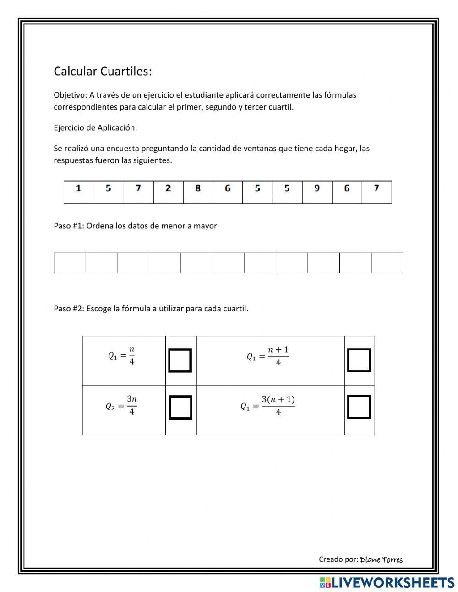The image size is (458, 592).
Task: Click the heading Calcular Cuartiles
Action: (x=103, y=72)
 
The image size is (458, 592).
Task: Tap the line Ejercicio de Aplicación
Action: (x=95, y=128)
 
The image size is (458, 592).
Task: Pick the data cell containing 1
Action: (x=79, y=192)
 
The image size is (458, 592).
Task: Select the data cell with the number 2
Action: (x=168, y=192)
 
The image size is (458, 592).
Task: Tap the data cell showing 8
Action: (x=198, y=192)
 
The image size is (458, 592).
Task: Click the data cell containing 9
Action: (x=317, y=192)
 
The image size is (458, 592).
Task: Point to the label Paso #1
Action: (x=68, y=226)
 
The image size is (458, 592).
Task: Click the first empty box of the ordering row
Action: (x=70, y=263)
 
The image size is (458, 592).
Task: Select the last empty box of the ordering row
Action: (x=387, y=263)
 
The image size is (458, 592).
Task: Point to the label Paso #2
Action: (x=68, y=309)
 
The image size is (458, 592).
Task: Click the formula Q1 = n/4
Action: (x=122, y=356)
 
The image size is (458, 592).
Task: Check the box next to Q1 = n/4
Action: (x=180, y=360)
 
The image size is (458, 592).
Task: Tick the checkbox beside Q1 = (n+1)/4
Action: (x=359, y=360)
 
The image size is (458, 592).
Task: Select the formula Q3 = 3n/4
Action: (x=122, y=406)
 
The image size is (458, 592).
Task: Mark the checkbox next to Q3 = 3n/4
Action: (x=180, y=408)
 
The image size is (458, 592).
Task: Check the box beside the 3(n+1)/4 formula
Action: (x=359, y=408)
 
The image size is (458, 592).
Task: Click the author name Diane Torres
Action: (x=381, y=559)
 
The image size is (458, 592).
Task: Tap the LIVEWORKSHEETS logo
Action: (x=387, y=582)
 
